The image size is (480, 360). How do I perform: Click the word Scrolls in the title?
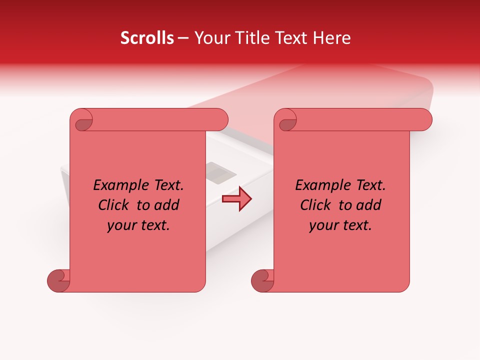[147, 38]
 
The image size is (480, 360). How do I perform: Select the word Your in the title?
[210, 38]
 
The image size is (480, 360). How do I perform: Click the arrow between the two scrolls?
[236, 199]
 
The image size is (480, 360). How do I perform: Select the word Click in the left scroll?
[114, 205]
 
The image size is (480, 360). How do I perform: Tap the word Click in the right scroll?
[315, 205]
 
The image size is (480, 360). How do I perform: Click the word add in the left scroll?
[167, 205]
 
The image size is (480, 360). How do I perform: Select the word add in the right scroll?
[369, 205]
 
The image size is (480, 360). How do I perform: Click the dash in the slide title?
[183, 38]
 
